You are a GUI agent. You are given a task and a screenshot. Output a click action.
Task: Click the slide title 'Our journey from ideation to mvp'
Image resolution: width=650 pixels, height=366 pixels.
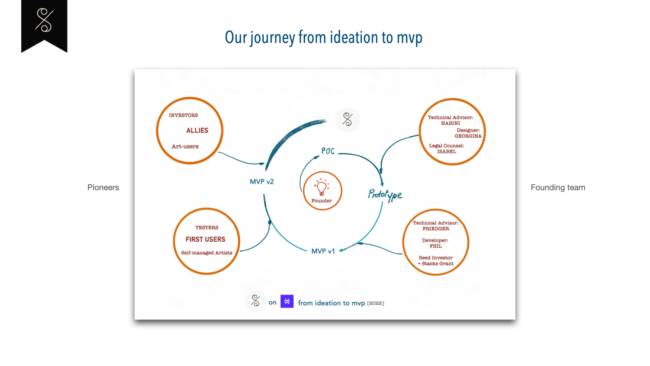[324, 37]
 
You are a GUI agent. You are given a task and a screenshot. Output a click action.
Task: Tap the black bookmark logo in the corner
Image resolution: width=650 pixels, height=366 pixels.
[44, 26]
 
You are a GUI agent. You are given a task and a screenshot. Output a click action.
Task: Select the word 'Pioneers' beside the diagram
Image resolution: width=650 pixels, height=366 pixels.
[103, 187]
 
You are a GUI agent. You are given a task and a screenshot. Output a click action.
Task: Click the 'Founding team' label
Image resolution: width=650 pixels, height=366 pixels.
[558, 187]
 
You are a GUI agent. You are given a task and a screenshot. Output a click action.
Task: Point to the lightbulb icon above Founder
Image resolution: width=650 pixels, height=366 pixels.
[321, 187]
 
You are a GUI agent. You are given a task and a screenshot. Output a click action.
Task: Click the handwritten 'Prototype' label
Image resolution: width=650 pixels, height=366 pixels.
[385, 195]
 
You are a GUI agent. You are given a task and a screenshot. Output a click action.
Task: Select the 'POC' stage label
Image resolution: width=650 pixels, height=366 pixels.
[328, 151]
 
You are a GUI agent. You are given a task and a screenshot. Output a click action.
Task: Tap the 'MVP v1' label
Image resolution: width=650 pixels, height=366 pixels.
[323, 251]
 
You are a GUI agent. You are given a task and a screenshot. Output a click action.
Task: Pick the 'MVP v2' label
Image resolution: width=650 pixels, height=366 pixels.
[262, 182]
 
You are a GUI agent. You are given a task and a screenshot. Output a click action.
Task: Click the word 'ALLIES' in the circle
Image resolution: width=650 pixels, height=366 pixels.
[197, 130]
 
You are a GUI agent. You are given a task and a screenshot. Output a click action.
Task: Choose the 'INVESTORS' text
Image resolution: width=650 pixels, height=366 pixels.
[183, 115]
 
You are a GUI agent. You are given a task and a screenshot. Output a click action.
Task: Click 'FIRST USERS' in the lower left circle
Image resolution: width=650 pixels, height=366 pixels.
[205, 239]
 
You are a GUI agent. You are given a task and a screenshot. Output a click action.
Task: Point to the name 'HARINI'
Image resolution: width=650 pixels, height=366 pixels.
[450, 123]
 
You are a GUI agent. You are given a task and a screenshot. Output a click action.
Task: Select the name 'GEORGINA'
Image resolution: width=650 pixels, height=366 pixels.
[468, 136]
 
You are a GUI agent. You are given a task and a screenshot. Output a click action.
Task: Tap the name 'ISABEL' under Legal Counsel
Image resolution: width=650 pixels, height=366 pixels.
[446, 151]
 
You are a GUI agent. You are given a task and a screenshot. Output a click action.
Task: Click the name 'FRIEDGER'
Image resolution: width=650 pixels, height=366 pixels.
[436, 229]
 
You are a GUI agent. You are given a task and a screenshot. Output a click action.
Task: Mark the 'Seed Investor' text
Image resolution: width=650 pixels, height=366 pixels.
[436, 258]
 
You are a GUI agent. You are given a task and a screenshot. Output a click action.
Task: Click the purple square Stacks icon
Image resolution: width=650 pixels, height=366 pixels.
[287, 301]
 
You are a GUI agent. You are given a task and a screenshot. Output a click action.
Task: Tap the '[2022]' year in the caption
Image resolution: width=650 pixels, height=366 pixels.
[375, 303]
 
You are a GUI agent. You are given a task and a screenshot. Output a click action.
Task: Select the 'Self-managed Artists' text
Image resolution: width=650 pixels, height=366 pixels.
[207, 253]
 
